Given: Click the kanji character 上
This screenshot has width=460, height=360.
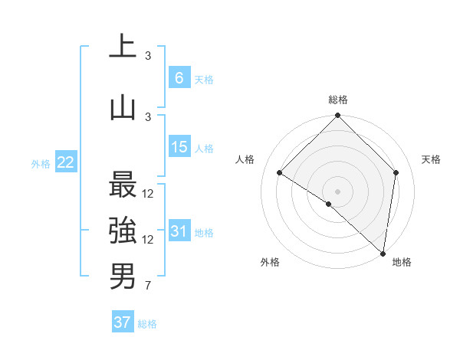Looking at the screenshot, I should [x=123, y=47].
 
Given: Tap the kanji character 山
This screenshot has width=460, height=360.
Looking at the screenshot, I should [x=123, y=108].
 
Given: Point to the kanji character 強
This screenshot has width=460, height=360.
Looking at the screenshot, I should [x=123, y=231].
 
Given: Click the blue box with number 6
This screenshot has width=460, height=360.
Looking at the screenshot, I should [x=179, y=78].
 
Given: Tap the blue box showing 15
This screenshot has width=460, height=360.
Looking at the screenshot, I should [x=179, y=147].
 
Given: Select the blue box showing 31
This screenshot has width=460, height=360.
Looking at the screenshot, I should [x=179, y=231].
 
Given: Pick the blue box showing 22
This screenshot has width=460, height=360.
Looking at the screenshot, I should [x=66, y=162].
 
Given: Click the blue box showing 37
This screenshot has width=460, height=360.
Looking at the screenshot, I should [x=123, y=322].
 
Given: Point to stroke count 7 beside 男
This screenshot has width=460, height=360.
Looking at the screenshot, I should [x=147, y=287].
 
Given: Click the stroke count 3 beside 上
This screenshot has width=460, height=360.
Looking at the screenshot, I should [x=148, y=56].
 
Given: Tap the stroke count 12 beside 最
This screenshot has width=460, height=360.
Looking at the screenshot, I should [x=148, y=194].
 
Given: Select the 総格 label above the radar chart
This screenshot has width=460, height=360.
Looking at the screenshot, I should [x=338, y=100].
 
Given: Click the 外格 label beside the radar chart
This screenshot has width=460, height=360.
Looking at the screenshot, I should [x=270, y=262].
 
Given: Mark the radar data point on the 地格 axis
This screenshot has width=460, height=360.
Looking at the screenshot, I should [x=383, y=253].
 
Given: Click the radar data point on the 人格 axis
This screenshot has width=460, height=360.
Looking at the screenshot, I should [x=280, y=173].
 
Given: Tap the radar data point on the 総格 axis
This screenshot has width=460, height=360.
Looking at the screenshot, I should [x=338, y=116].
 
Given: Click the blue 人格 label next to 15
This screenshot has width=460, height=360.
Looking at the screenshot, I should [x=205, y=149].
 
